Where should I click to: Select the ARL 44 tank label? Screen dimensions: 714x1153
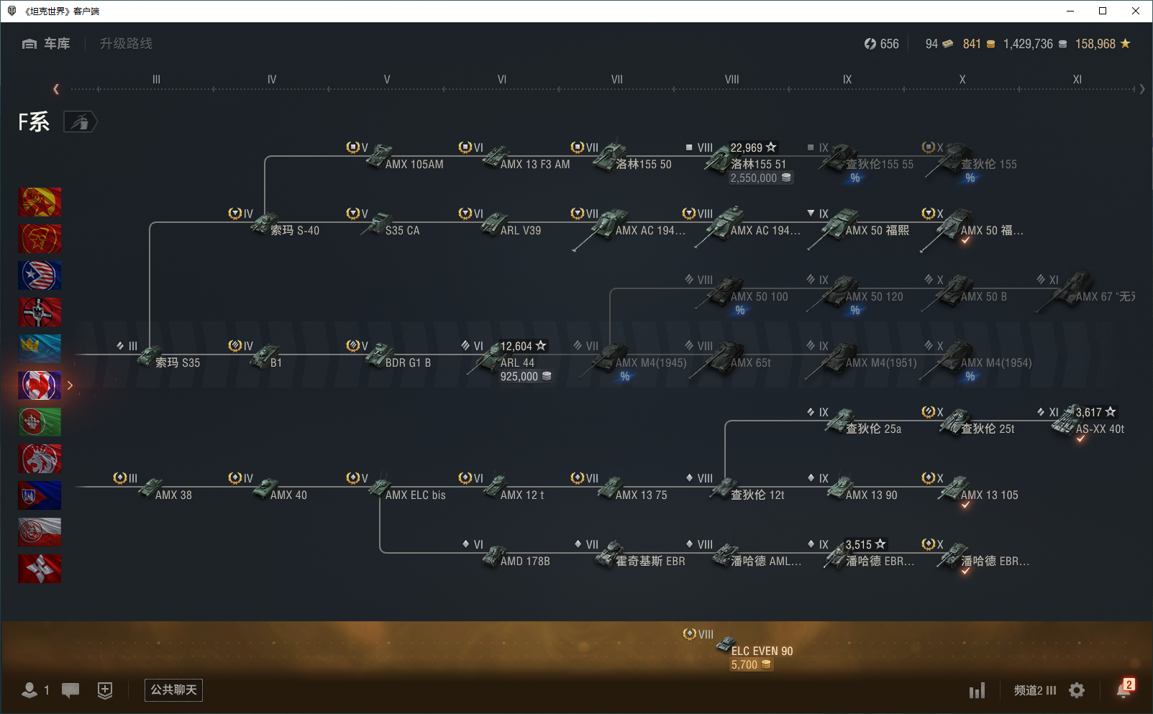point(517,363)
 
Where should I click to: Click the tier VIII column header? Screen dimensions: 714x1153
point(732,80)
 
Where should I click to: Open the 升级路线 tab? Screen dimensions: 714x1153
point(126,44)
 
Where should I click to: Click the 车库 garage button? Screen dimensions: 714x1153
point(46,44)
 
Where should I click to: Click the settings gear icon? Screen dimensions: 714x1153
point(1077,690)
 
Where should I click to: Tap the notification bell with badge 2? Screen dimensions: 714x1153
point(1124,690)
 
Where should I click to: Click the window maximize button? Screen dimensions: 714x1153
point(1103,11)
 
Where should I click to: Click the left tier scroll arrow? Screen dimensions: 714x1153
point(56,89)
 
